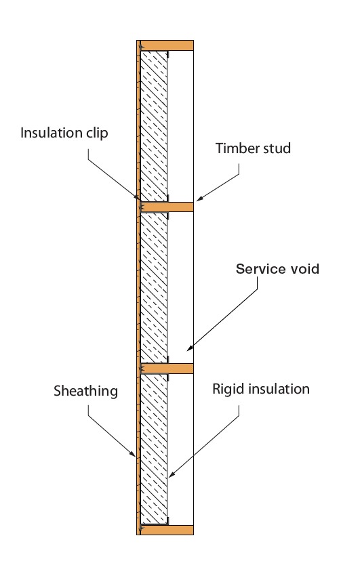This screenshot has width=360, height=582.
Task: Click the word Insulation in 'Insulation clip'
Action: tap(52, 133)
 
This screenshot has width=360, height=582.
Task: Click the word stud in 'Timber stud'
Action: tap(277, 148)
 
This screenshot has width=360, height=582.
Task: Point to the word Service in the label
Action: tap(258, 269)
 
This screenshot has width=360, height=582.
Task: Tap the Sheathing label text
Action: tap(86, 391)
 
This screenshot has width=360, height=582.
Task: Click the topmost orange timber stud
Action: tap(167, 45)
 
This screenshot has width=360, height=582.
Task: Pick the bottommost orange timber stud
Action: tap(167, 530)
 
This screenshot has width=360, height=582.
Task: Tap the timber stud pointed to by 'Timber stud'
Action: tap(167, 207)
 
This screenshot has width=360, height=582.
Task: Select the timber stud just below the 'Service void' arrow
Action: tap(167, 368)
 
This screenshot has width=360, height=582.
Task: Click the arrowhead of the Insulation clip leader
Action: tap(138, 199)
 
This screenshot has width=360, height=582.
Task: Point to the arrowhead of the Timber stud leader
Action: tap(199, 199)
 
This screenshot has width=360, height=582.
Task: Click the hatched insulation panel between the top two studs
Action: tap(154, 126)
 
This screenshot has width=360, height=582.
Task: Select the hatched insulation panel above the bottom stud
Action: tap(154, 449)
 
